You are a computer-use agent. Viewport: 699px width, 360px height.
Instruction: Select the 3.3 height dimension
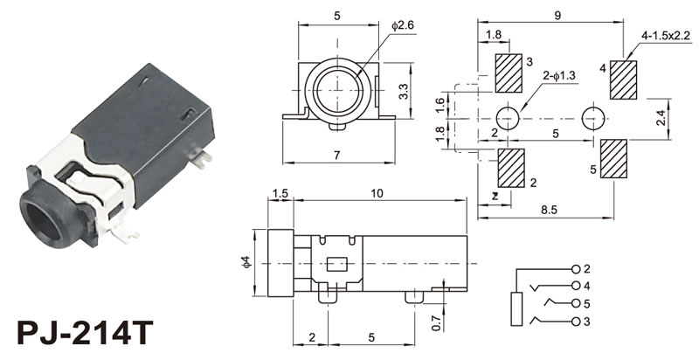point(404,91)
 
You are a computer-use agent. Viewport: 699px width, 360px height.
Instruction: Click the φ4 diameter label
point(246,261)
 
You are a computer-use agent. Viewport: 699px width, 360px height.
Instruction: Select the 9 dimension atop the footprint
point(556,14)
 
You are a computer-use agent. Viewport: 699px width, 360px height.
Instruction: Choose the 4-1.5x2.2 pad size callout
point(666,35)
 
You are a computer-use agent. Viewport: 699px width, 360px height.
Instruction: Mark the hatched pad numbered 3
point(509,73)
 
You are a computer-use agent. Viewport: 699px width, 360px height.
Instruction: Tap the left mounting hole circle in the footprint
point(508,119)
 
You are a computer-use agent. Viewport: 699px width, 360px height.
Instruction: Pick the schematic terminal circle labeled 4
point(576,286)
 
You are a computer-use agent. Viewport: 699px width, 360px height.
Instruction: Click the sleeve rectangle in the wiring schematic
point(516,308)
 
